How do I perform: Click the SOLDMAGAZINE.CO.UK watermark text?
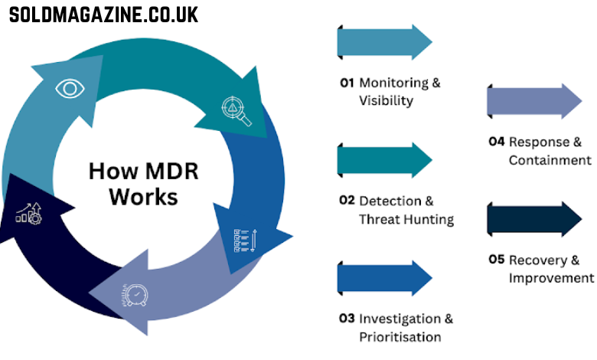pyautogui.click(x=103, y=14)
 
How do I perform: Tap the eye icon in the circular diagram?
pyautogui.click(x=70, y=88)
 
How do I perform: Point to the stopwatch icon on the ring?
pyautogui.click(x=134, y=294)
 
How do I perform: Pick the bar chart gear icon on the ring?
pyautogui.click(x=29, y=214)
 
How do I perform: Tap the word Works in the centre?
pyautogui.click(x=143, y=196)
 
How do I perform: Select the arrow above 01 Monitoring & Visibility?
pyautogui.click(x=385, y=42)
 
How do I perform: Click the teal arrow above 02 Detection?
pyautogui.click(x=385, y=160)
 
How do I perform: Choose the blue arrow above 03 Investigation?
pyautogui.click(x=385, y=278)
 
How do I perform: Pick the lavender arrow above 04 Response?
pyautogui.click(x=534, y=101)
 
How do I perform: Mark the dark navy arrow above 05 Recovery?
pyautogui.click(x=534, y=219)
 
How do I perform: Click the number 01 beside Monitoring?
pyautogui.click(x=347, y=83)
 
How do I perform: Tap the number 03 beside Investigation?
pyautogui.click(x=347, y=318)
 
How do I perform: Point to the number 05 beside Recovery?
pyautogui.click(x=497, y=259)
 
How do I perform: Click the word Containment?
pyautogui.click(x=550, y=160)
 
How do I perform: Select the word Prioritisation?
pyautogui.click(x=400, y=337)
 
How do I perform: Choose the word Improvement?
pyautogui.click(x=551, y=278)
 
